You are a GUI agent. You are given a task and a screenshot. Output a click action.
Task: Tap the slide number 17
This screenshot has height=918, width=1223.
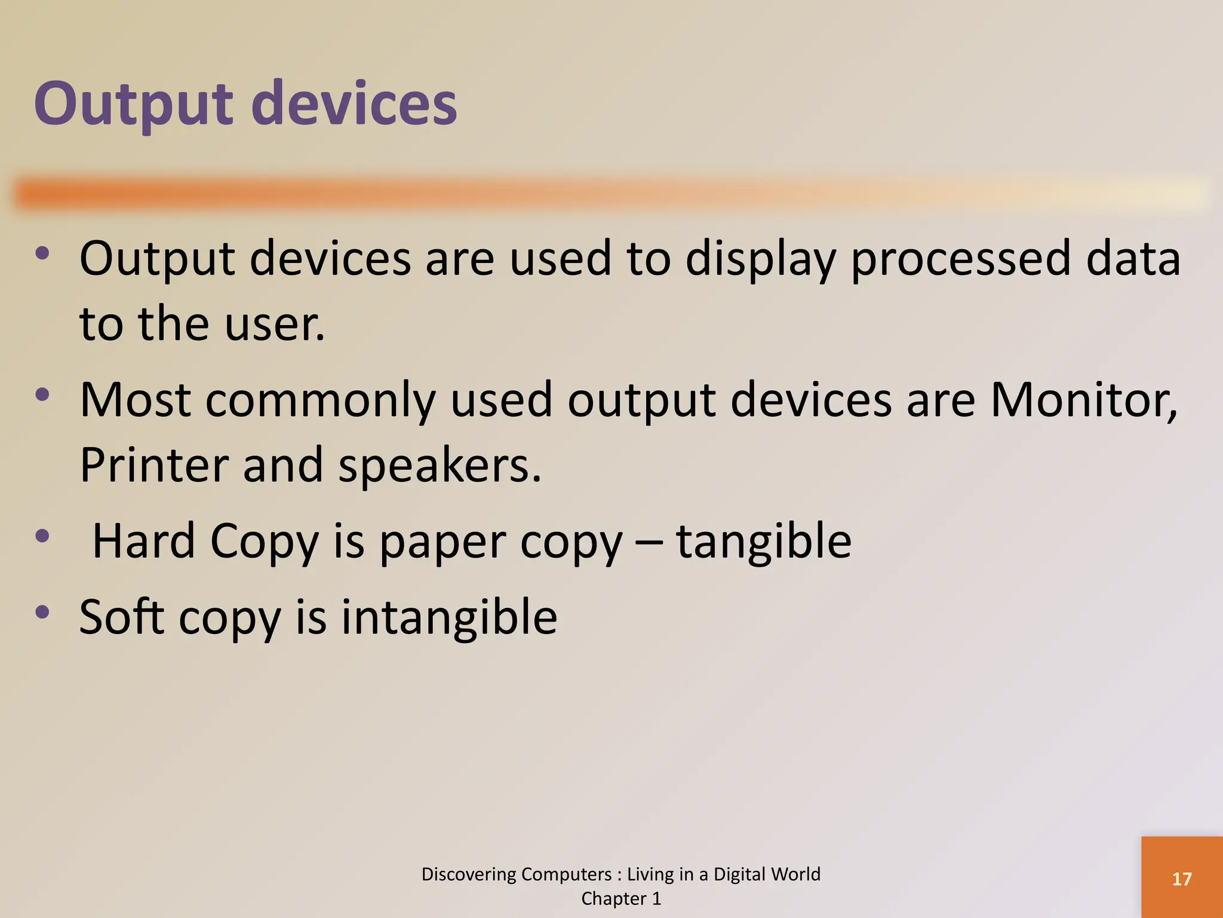[x=1181, y=879]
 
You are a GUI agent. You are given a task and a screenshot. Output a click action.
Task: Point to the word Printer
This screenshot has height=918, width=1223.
[x=154, y=465]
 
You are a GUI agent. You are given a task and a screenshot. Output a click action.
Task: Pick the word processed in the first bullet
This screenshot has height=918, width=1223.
[x=960, y=259]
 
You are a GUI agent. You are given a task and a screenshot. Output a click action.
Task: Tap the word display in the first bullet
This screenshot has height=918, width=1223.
[x=760, y=259]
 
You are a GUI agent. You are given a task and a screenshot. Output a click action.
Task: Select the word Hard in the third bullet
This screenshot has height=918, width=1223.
[x=144, y=541]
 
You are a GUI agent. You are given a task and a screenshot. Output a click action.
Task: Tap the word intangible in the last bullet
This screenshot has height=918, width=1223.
[x=449, y=617]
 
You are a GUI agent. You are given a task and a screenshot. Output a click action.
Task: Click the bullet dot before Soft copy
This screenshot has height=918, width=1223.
[x=42, y=611]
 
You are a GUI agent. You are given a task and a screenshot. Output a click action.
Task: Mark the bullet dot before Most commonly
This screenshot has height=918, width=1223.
[x=42, y=394]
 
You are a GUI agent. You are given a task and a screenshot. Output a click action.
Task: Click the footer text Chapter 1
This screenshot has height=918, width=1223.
[x=621, y=898]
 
